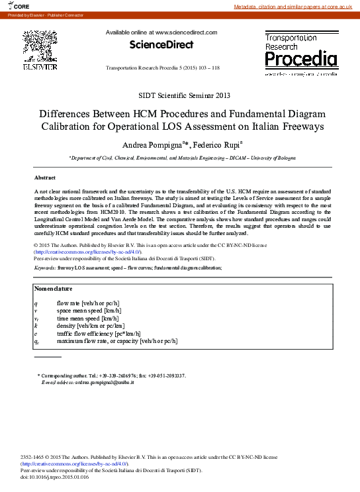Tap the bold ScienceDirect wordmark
161,45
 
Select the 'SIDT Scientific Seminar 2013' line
180,95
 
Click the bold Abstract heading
44,178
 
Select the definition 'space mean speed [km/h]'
89,310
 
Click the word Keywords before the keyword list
44,268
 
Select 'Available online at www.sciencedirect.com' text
161,32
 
